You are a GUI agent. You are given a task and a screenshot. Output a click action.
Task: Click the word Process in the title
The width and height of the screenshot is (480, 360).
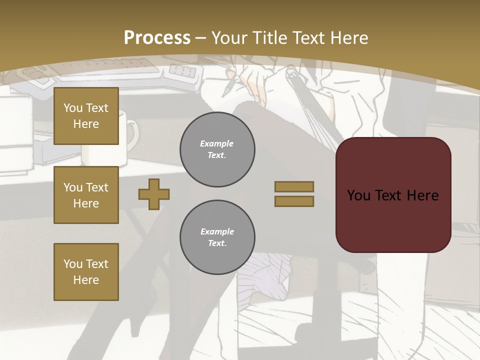[157, 38]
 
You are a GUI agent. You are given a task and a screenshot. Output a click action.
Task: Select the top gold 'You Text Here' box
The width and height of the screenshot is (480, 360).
[86, 116]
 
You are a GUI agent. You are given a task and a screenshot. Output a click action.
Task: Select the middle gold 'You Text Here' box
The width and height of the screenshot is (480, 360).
[86, 195]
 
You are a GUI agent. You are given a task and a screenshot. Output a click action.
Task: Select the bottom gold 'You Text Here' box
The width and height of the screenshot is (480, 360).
[86, 271]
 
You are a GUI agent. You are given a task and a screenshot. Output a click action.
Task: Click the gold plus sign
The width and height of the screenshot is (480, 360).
[154, 194]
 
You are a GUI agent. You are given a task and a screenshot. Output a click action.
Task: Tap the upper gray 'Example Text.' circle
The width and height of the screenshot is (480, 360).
[217, 149]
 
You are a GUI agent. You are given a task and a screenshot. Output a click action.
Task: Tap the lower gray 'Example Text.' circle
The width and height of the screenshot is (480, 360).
[217, 237]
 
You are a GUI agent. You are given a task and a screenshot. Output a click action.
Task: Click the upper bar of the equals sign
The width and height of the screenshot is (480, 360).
[294, 186]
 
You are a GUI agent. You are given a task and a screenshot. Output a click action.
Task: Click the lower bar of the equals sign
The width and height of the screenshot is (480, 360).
[294, 201]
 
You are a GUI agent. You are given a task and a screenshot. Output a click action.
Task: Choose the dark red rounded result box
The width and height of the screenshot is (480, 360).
[393, 195]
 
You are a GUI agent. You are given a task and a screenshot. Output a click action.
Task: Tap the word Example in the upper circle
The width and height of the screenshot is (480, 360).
[216, 143]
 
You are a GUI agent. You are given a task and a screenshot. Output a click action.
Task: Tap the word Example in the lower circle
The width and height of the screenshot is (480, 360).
[217, 231]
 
